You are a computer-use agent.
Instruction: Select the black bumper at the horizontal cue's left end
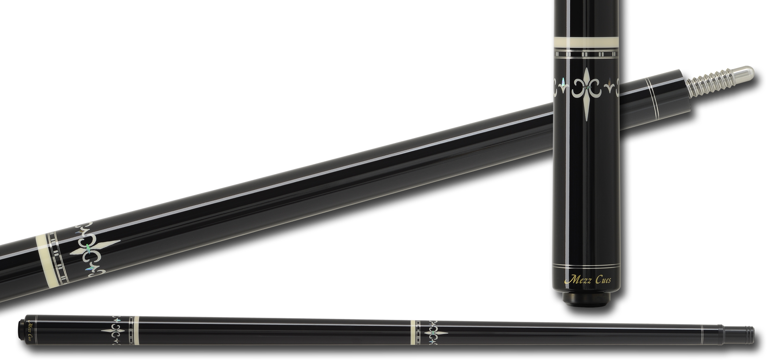click(x=20, y=330)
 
